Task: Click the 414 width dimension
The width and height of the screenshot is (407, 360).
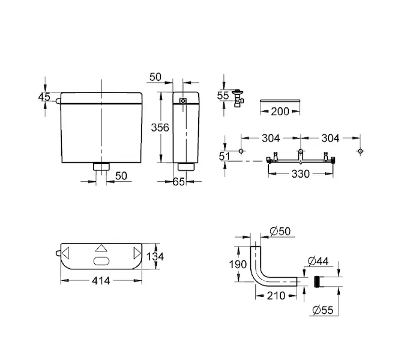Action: point(101,280)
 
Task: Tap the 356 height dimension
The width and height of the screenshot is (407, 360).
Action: point(160,128)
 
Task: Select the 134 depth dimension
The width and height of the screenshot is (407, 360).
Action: point(155,257)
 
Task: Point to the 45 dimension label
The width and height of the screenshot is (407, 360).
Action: point(44,97)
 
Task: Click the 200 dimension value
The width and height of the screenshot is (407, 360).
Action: point(280,112)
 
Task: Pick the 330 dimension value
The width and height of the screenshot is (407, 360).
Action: point(301,174)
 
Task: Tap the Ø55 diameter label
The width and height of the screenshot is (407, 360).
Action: point(322,310)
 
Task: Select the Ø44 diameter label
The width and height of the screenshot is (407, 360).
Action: point(318,261)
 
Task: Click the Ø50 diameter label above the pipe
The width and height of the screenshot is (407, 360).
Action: point(280,231)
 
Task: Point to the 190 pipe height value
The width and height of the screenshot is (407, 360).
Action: point(238,264)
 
